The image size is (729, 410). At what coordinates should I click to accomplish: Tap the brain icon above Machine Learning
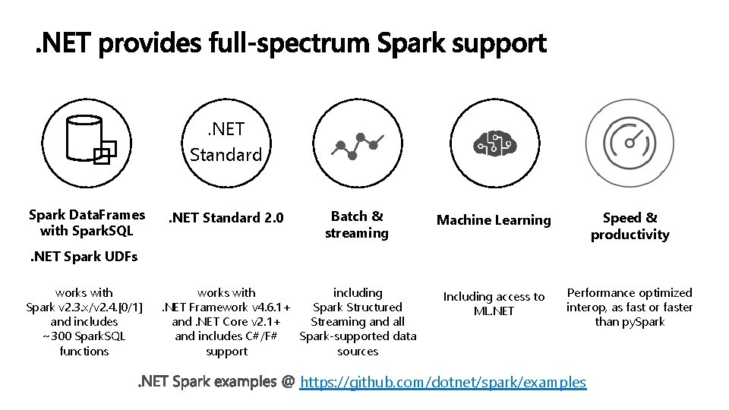pos(494,143)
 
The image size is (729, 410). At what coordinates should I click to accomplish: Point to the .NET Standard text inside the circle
pos(226,143)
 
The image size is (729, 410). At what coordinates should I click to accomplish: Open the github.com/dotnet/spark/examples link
pos(443,382)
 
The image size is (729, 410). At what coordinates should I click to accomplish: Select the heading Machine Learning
pos(494,220)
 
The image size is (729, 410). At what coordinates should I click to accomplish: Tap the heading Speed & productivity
pos(630,226)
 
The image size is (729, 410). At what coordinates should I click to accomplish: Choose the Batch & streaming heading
pos(356,225)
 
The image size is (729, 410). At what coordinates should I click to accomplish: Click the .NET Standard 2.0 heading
pos(226,218)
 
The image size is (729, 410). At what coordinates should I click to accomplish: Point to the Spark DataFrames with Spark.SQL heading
pos(87,222)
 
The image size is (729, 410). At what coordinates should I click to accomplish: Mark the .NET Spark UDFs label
pos(84,257)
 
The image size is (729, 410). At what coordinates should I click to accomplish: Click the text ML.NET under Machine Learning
pos(494,311)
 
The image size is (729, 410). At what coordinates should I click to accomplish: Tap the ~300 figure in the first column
pos(55,336)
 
